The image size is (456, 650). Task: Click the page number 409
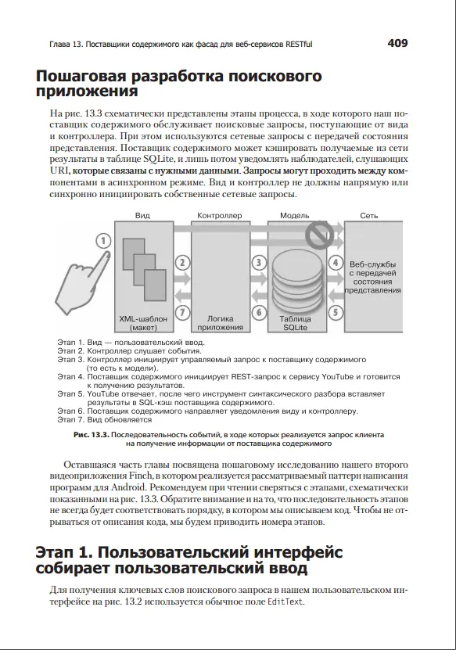click(397, 43)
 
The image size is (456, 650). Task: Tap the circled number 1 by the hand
click(103, 241)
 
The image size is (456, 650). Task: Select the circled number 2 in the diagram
click(182, 262)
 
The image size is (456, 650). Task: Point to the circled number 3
click(259, 262)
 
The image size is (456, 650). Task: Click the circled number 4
click(336, 262)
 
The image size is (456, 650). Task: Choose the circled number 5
click(336, 312)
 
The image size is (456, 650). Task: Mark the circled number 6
click(259, 312)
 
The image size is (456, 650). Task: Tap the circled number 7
click(182, 312)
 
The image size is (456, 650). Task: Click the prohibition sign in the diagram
click(320, 234)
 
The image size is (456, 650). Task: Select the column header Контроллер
click(219, 216)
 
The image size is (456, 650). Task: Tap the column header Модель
click(294, 216)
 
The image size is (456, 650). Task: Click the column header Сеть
click(369, 216)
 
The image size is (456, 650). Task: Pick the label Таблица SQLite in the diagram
click(295, 323)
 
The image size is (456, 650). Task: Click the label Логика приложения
click(220, 323)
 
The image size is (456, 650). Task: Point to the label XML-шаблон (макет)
click(143, 323)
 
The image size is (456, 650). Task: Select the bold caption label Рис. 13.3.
click(92, 435)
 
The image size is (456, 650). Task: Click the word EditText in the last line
click(285, 602)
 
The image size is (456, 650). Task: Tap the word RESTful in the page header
click(299, 44)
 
